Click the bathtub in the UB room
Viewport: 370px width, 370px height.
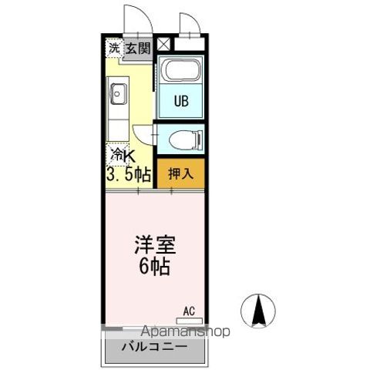(180, 72)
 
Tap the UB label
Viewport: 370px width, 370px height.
(180, 101)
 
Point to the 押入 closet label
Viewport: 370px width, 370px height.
(181, 173)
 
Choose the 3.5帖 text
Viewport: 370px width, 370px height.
(128, 174)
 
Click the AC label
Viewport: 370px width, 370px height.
(189, 311)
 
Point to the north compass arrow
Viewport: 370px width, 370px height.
(259, 311)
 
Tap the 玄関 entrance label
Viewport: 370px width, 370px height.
(139, 49)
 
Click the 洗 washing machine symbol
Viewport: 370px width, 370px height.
(114, 48)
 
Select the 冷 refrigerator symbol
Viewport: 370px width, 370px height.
(116, 154)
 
